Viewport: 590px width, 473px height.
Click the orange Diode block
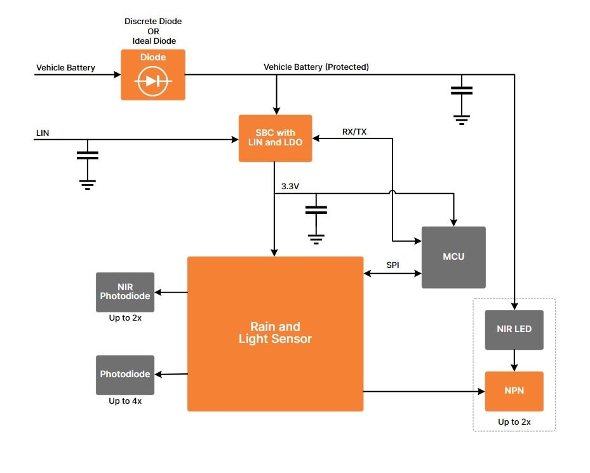tap(153, 75)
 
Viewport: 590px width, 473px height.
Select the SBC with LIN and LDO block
tap(275, 138)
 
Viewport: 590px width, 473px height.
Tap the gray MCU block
tap(453, 257)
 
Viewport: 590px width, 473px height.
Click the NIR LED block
tap(514, 330)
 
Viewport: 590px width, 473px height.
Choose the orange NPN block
tap(514, 391)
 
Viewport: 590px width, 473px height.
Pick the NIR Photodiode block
tap(125, 292)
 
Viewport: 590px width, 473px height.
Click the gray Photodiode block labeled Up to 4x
tap(125, 375)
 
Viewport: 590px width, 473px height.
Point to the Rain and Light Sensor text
tap(275, 333)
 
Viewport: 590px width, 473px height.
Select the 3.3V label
tap(291, 187)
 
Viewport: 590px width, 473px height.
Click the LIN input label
tap(43, 133)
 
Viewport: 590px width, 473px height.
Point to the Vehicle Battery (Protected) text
tap(316, 67)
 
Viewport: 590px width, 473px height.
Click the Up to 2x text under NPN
tap(514, 422)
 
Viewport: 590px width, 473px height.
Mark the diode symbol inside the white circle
tap(153, 81)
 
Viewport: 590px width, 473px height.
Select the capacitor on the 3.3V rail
tap(316, 210)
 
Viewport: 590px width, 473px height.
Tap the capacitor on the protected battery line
tap(462, 91)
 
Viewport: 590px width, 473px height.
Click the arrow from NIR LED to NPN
tap(514, 361)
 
